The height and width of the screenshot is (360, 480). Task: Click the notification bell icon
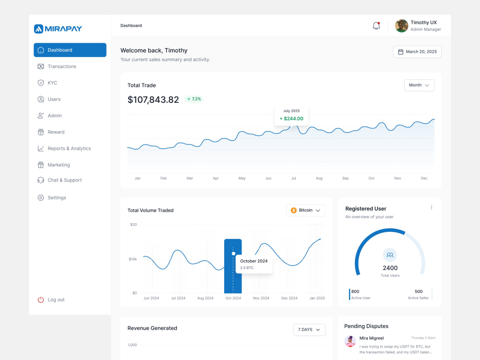point(376,26)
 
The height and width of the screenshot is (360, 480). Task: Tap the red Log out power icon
point(41,300)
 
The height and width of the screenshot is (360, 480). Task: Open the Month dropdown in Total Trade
point(419,85)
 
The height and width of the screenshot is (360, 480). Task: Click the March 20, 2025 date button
point(417,52)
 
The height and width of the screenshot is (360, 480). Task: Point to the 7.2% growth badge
point(194,99)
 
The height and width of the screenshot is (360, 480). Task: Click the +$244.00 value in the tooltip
point(291,119)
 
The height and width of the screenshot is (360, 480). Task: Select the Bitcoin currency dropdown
point(305,210)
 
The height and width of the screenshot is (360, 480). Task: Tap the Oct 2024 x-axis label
point(233,298)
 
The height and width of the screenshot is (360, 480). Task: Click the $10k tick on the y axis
point(133,259)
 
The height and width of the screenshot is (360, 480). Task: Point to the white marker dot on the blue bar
point(234,253)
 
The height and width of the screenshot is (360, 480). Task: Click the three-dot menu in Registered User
point(432,207)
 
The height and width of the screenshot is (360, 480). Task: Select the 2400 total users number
point(390,268)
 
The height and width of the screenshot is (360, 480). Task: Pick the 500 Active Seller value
point(419,291)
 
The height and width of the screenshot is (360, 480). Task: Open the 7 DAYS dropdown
point(309,330)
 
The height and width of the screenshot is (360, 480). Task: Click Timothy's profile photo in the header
point(402,26)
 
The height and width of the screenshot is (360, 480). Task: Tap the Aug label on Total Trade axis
point(319,178)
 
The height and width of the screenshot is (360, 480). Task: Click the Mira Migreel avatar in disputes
point(350,341)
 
